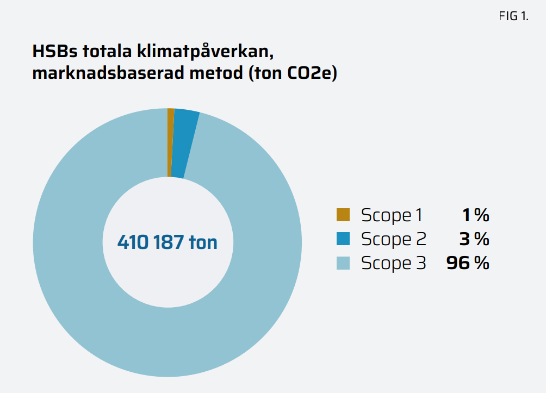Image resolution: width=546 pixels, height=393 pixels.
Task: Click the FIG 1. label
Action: pyautogui.click(x=513, y=16)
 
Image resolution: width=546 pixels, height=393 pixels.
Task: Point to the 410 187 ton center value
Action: pyautogui.click(x=167, y=242)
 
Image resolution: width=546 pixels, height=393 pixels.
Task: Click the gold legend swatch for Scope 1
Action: pyautogui.click(x=343, y=215)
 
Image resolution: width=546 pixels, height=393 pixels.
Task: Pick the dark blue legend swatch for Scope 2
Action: pyautogui.click(x=343, y=239)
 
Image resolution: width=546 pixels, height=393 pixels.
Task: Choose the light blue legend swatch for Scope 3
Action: pyautogui.click(x=343, y=263)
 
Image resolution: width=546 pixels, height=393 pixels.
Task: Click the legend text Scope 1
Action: pyautogui.click(x=392, y=215)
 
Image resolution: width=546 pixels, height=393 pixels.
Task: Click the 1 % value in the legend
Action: pyautogui.click(x=475, y=215)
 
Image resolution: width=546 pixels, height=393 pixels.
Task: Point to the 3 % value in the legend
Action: pyautogui.click(x=474, y=239)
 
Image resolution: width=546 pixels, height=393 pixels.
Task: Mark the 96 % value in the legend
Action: pyautogui.click(x=468, y=264)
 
